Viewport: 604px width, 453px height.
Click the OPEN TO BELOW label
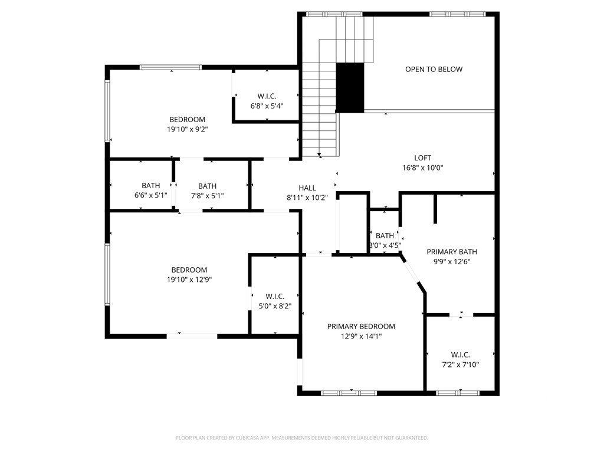pyautogui.click(x=434, y=70)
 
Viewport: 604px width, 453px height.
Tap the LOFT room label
pyautogui.click(x=422, y=158)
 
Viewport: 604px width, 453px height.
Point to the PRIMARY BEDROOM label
pyautogui.click(x=361, y=327)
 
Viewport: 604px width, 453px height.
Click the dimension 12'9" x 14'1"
pyautogui.click(x=361, y=336)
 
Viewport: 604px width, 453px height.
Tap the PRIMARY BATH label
pyautogui.click(x=452, y=252)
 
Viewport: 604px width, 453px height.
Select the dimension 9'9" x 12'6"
pyautogui.click(x=452, y=261)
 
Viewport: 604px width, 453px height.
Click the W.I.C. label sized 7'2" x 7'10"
pyautogui.click(x=460, y=355)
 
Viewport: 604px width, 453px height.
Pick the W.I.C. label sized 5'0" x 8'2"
pyautogui.click(x=275, y=296)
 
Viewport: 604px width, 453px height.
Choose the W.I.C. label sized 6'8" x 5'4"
pyautogui.click(x=267, y=96)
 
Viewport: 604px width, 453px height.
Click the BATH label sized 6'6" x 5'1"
pyautogui.click(x=150, y=186)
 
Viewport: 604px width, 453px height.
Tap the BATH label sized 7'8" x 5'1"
pyautogui.click(x=207, y=186)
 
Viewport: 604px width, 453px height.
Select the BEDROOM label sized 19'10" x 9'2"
pyautogui.click(x=188, y=120)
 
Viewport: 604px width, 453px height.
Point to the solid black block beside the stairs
pyautogui.click(x=350, y=87)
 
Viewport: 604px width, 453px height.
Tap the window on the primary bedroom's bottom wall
pyautogui.click(x=349, y=392)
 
